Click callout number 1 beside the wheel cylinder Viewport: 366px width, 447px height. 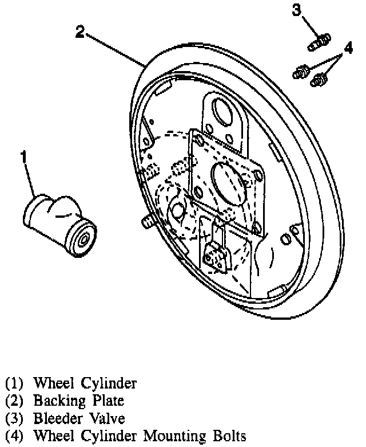(x=24, y=155)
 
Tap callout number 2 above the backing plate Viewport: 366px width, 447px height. (x=81, y=32)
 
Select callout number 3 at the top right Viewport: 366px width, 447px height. (x=296, y=10)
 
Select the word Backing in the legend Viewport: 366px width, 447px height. (x=57, y=401)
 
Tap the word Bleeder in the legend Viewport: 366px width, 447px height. (x=56, y=418)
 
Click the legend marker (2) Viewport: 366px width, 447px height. (x=15, y=401)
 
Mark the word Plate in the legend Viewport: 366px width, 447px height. (x=103, y=401)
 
